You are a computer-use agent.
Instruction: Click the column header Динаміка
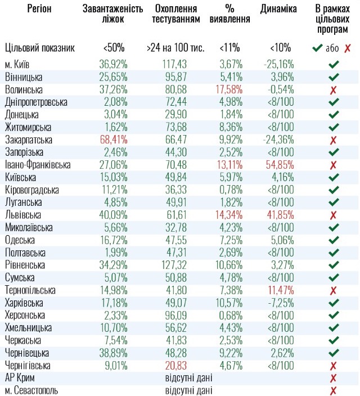(x=278, y=10)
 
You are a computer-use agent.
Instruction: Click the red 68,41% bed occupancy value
(x=114, y=139)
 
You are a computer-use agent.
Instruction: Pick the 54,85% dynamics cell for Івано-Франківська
(x=279, y=164)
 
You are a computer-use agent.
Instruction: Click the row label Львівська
(x=23, y=214)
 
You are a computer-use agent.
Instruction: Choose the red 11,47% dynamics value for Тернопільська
(x=279, y=290)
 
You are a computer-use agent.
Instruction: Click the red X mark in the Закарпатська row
(x=333, y=139)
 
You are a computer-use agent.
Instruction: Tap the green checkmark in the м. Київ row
(x=333, y=64)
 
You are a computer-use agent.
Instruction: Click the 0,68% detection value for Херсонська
(x=229, y=314)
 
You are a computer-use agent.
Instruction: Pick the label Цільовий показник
(x=39, y=48)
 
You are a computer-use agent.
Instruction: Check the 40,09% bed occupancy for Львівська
(x=114, y=214)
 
